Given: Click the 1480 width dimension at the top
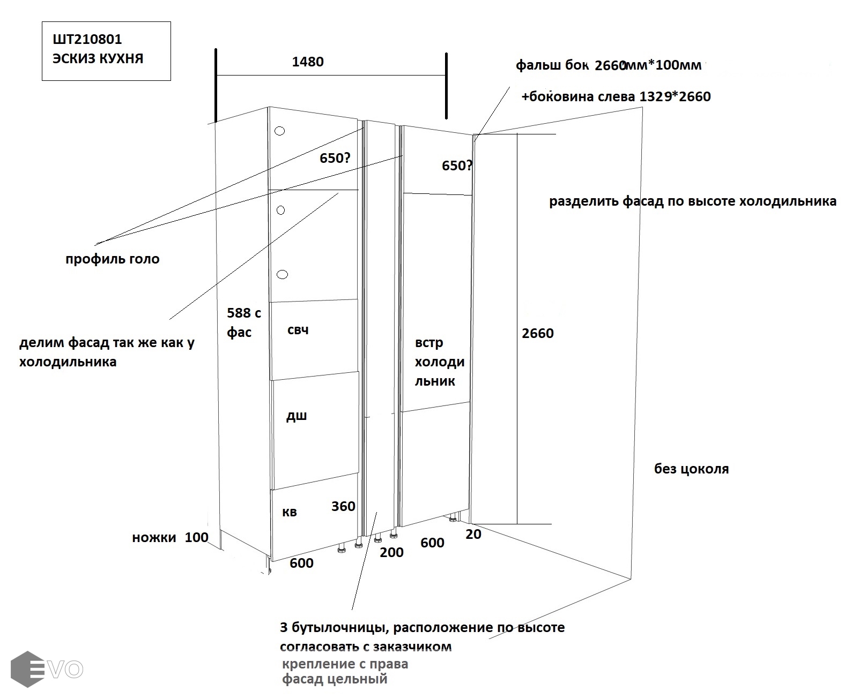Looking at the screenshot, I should pos(308,62).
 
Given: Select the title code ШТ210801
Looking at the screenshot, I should pos(87,40).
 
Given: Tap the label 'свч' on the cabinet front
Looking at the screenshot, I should pos(298,330).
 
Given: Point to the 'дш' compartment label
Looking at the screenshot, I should pos(296,416).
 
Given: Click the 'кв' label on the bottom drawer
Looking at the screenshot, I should pos(290,512).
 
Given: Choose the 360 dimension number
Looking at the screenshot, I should pos(343,506).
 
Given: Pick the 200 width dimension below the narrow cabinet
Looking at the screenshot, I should pos(391,552).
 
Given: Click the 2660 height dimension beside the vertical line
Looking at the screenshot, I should pos(538,333).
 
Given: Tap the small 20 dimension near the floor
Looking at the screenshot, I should pos(473,534).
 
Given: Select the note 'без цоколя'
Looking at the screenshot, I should pos(691,469).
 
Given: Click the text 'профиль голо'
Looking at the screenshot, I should pos(113,259).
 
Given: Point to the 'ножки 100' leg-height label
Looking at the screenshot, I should pos(170,537).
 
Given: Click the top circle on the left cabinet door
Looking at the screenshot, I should pos(280,131).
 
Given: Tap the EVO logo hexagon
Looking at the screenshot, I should pos(28,668).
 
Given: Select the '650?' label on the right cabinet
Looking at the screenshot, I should pos(457,166).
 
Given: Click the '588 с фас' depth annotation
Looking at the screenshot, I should pos(243,322).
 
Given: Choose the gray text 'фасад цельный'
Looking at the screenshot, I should pos(335,680).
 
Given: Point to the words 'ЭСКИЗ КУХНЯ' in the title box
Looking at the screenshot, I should pos(98,58).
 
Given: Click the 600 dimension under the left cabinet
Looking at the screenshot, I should pos(301,563).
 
